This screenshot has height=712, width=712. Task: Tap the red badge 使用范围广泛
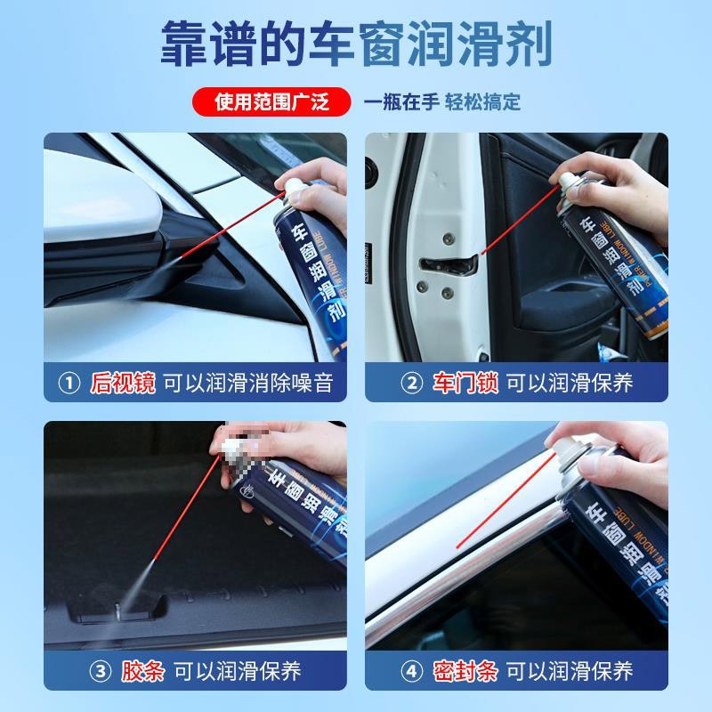coord(272,102)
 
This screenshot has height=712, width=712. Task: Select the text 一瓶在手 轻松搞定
coord(442,102)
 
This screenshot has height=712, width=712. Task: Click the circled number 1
coord(69,384)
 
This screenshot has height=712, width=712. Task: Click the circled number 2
coord(411,384)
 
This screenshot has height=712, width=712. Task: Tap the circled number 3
coord(69,670)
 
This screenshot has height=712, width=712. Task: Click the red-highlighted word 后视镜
coord(123,384)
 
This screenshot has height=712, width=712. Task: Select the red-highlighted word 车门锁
coord(465,384)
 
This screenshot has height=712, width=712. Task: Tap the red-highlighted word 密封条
coord(465,670)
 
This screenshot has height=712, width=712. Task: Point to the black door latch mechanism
coord(449,263)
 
